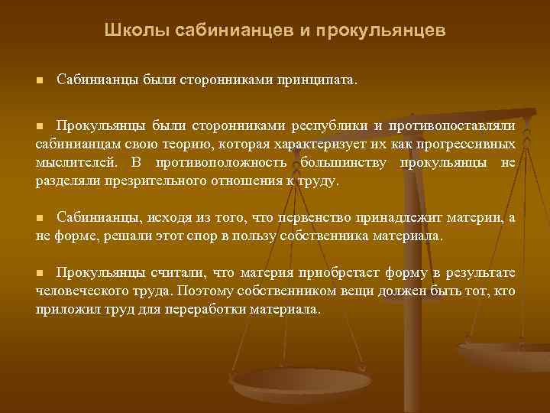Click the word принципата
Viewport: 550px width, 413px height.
(319, 80)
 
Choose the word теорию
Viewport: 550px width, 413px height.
(173, 144)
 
